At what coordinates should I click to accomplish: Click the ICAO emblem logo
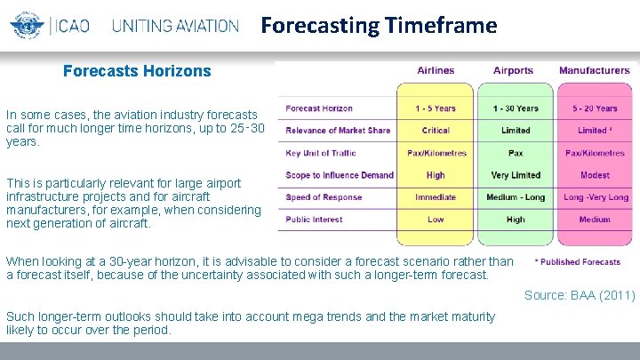[24, 26]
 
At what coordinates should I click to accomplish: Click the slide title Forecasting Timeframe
[379, 26]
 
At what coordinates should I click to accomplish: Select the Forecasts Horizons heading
[137, 71]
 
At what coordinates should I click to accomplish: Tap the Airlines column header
[436, 71]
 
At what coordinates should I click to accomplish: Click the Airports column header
[514, 71]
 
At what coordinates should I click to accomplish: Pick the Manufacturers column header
[594, 71]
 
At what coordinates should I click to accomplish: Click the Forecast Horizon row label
[319, 108]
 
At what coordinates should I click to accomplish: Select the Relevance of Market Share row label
[338, 131]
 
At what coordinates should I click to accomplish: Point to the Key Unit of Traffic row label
[321, 153]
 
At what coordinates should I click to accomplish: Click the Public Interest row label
[315, 219]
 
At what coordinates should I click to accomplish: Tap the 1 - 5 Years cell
[436, 108]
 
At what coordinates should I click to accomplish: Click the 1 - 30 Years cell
[516, 108]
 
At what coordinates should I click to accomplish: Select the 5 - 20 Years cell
[595, 108]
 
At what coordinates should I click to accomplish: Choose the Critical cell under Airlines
[436, 131]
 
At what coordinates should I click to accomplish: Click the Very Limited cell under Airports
[516, 175]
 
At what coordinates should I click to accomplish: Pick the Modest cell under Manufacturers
[595, 175]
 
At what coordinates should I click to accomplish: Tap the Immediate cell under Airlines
[436, 197]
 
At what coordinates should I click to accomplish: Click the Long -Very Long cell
[595, 197]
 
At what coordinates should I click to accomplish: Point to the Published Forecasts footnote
[578, 262]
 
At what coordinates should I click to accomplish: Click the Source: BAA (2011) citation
[579, 295]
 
